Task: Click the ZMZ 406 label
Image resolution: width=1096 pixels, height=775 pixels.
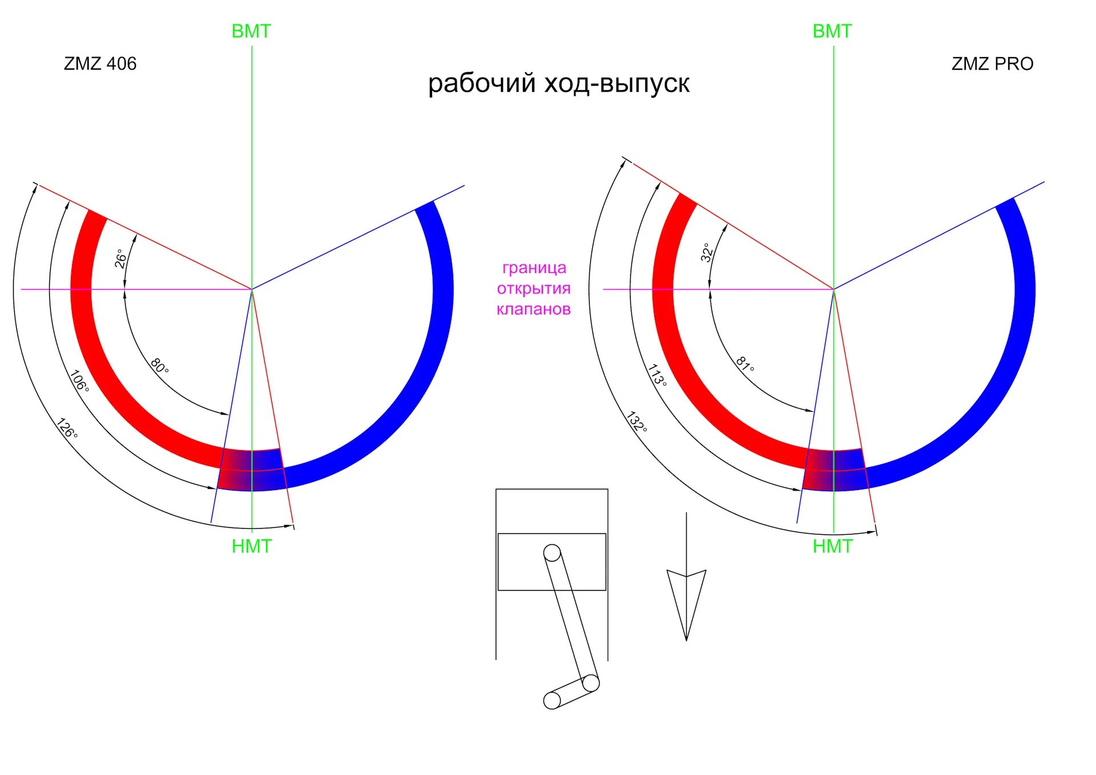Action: click(100, 63)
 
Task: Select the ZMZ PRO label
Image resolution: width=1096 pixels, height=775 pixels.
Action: click(992, 63)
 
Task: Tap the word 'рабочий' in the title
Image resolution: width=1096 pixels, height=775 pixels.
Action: click(481, 83)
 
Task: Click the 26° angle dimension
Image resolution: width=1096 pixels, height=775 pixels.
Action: click(120, 258)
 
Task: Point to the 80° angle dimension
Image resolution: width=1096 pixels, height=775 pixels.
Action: click(159, 366)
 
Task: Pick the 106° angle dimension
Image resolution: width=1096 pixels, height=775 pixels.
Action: click(79, 381)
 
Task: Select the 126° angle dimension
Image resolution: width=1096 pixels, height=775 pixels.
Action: click(67, 428)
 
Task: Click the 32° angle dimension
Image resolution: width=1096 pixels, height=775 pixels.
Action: click(707, 252)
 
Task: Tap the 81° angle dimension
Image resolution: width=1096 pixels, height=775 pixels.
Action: click(744, 364)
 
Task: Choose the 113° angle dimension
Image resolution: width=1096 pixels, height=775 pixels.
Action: click(657, 375)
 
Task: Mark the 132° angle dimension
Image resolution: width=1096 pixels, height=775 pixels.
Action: click(636, 421)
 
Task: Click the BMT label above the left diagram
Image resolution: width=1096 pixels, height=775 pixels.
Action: click(251, 31)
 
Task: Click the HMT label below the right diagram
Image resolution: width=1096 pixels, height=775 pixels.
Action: click(832, 547)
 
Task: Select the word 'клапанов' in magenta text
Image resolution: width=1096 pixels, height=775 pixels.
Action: click(533, 310)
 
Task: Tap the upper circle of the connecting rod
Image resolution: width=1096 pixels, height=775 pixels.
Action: click(552, 553)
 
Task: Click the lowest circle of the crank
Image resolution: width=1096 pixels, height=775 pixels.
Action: click(552, 700)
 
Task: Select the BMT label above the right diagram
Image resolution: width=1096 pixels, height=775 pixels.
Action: click(832, 31)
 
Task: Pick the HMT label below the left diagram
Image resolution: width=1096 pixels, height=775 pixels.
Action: click(251, 547)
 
